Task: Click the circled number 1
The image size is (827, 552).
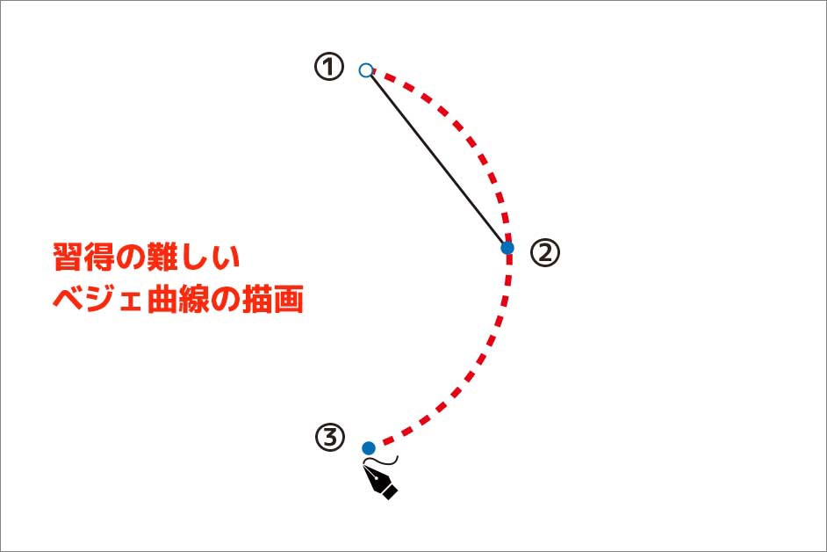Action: (328, 68)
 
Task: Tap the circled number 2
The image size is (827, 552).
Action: (544, 253)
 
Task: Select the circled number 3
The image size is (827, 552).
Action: (329, 437)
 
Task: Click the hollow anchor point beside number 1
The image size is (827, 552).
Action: (367, 70)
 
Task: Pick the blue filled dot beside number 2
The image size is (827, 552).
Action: (507, 248)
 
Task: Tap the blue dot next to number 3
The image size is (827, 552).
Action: (369, 448)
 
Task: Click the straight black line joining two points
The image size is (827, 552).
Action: (437, 159)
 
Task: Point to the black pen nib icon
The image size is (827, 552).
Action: (384, 483)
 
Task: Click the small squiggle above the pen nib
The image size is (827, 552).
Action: (385, 460)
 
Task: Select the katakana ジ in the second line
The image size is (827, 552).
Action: (100, 300)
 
